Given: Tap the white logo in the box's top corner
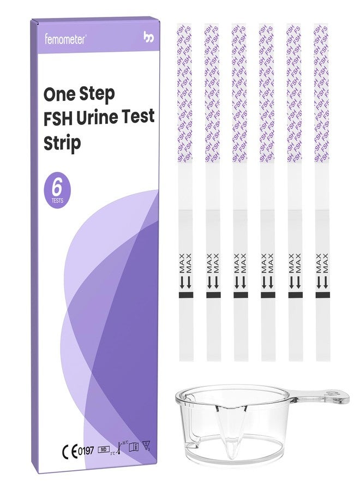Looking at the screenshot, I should [x=148, y=38].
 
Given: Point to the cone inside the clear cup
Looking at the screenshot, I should [x=236, y=437].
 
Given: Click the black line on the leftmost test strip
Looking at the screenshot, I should [x=185, y=295].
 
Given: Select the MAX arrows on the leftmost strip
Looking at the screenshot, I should [x=185, y=271].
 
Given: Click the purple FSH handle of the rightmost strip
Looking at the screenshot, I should [x=322, y=93].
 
